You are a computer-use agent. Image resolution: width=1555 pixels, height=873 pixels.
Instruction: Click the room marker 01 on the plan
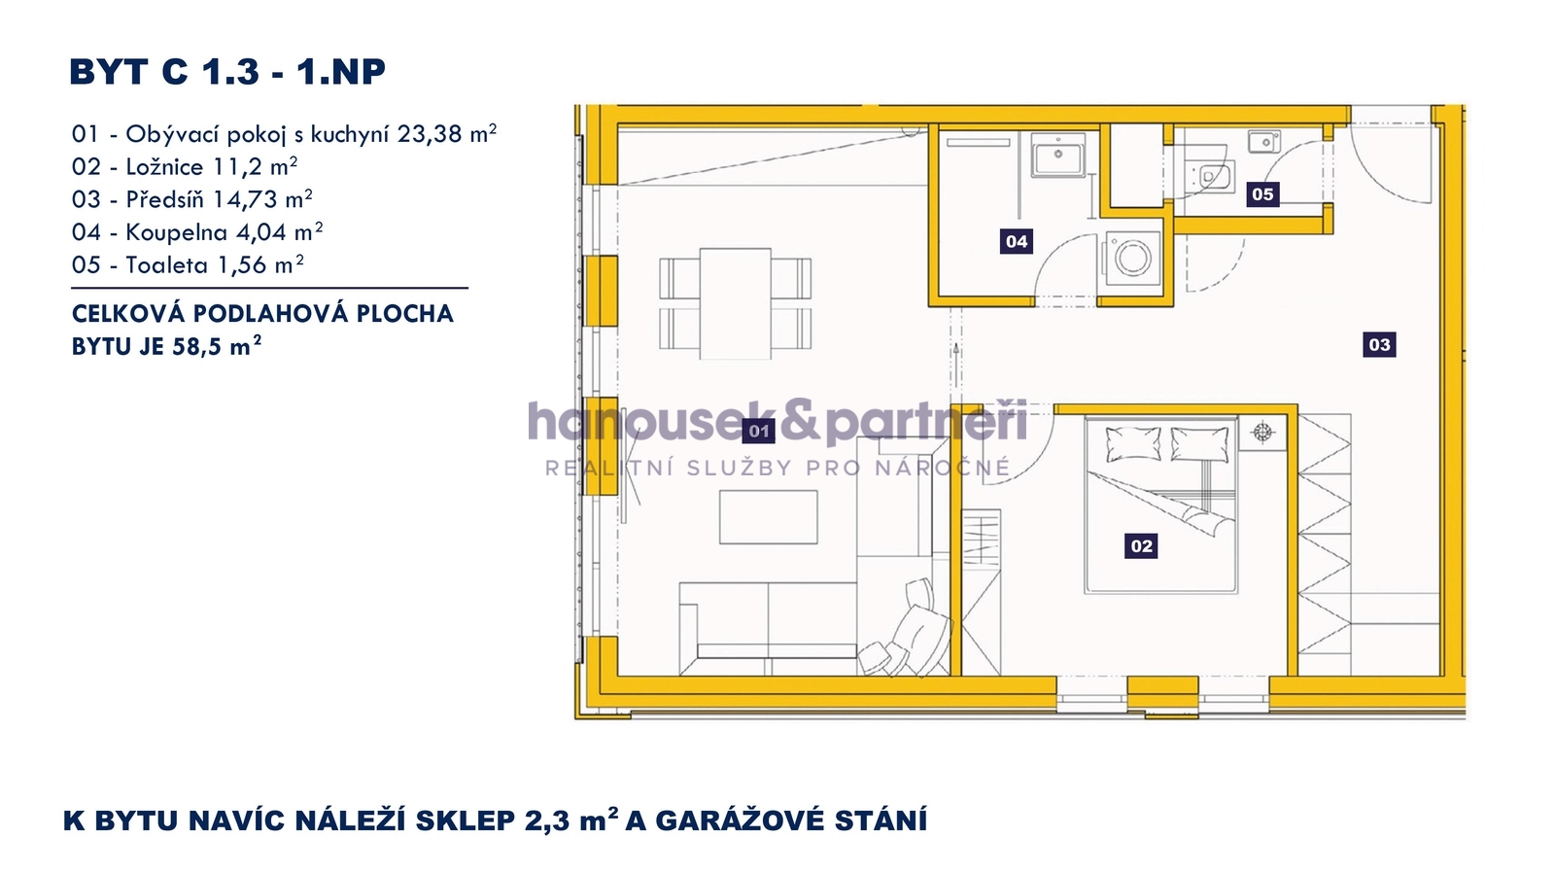(x=759, y=432)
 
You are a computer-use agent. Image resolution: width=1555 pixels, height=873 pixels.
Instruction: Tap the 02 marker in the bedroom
(x=1141, y=546)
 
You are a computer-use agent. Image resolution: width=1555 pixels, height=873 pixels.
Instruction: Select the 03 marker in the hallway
(x=1379, y=344)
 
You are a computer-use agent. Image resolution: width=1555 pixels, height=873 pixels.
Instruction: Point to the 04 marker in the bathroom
(x=1017, y=241)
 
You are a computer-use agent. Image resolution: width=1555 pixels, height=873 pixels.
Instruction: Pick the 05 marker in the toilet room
(x=1262, y=193)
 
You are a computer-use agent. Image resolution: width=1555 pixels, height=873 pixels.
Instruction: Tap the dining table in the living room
(x=735, y=303)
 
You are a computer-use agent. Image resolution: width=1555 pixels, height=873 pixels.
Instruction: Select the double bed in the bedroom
(x=1160, y=505)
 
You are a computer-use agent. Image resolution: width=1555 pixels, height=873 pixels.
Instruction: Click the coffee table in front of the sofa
(x=769, y=517)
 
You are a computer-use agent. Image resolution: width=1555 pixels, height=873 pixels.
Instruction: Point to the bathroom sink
(x=1058, y=155)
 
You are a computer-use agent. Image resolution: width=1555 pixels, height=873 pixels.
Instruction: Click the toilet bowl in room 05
(x=1211, y=176)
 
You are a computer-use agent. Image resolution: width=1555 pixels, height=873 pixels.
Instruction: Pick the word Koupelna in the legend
(x=176, y=232)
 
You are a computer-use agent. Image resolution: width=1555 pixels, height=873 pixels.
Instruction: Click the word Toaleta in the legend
(x=166, y=264)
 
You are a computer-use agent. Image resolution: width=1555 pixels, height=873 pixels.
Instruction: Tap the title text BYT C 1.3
(x=164, y=72)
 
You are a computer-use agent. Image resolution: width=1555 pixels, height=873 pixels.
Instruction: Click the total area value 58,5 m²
(x=217, y=345)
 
